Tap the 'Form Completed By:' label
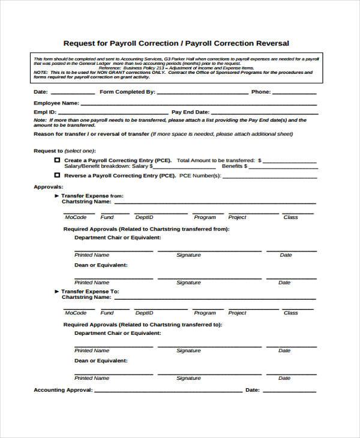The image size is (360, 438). tap(127, 92)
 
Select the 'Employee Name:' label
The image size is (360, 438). tap(56, 103)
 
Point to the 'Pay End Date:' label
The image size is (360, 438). tap(190, 112)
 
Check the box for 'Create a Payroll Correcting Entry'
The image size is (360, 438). tap(57, 161)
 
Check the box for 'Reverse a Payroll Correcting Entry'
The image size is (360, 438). tap(57, 175)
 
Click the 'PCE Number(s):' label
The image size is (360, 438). tap(200, 176)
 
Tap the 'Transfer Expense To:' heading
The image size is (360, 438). tap(90, 291)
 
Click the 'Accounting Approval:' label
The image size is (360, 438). tap(63, 390)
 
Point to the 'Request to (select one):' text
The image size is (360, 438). tap(64, 151)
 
